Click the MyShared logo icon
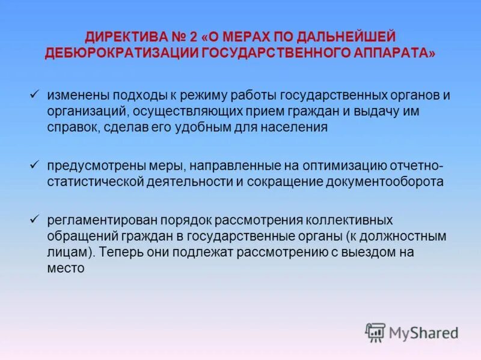pos(375,332)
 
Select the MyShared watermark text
pos(423,332)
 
